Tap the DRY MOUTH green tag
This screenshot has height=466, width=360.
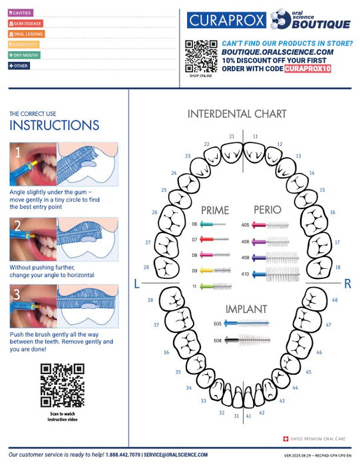click(25, 55)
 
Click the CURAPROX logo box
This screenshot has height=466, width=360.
click(227, 21)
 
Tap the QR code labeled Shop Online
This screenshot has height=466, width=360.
click(201, 56)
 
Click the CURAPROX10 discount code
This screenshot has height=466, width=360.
click(307, 69)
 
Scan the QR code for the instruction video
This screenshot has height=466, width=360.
click(62, 385)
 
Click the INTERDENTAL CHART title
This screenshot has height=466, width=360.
click(236, 114)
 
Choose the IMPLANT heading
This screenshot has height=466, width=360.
click(246, 309)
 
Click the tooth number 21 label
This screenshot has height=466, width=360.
click(232, 136)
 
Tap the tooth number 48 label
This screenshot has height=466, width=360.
click(335, 300)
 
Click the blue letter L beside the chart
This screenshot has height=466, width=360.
click(136, 284)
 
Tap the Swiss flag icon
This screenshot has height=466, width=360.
click(286, 439)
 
